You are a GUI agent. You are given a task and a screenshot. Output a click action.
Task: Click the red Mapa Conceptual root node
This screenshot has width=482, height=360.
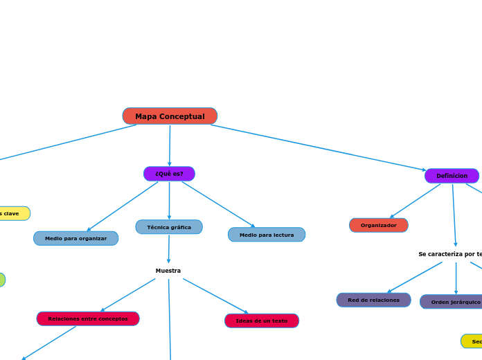(x=170, y=116)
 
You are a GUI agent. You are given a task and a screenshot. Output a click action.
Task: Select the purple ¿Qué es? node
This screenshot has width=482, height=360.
(x=169, y=174)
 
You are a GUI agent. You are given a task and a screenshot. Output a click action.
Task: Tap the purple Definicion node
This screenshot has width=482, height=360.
(x=452, y=176)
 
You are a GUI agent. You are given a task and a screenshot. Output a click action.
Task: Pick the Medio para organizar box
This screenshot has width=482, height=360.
(x=75, y=238)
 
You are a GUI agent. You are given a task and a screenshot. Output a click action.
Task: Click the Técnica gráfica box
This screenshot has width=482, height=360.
(x=169, y=227)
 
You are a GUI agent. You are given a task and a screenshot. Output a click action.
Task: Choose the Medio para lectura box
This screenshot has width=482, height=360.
(x=267, y=235)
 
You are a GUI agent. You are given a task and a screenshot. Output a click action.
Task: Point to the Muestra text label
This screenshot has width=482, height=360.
(x=168, y=271)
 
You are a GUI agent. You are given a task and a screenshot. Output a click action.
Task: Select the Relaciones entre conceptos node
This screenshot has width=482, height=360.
(x=88, y=318)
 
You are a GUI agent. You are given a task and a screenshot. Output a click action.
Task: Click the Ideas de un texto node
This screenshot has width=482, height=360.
(x=262, y=321)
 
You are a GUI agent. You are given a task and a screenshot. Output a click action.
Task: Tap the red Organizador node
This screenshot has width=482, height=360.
(x=379, y=225)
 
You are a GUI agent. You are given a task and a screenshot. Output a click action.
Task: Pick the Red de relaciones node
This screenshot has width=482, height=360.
(x=373, y=300)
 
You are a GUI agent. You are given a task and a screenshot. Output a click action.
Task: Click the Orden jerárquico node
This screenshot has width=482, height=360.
(x=454, y=302)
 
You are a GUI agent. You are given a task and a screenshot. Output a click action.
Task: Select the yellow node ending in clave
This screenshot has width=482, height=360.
(x=11, y=213)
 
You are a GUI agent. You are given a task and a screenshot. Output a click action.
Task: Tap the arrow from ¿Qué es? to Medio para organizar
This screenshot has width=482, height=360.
(x=123, y=206)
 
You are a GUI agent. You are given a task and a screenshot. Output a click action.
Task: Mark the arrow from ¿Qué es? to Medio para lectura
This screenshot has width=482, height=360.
(x=218, y=204)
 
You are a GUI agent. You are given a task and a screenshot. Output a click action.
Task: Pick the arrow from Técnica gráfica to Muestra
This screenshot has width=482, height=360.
(x=168, y=249)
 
